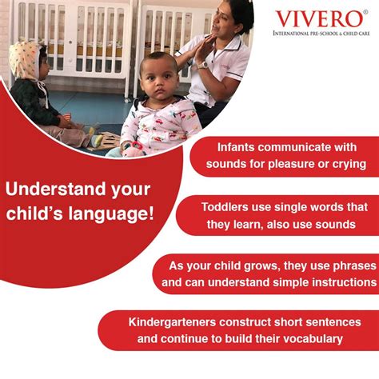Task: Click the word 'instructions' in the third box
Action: point(339,282)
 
